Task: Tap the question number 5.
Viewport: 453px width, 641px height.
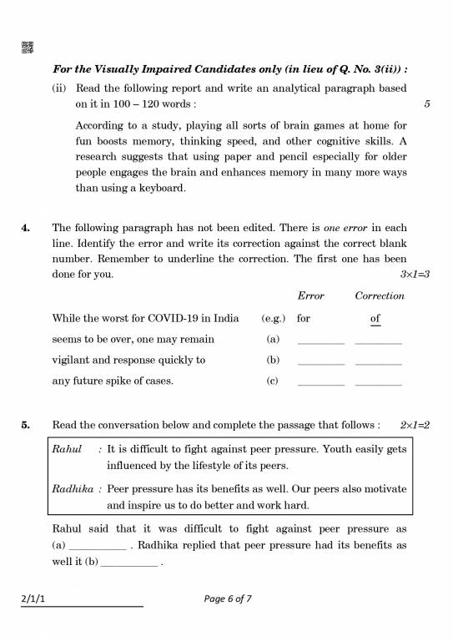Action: pyautogui.click(x=27, y=425)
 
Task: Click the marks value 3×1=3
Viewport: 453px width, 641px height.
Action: pyautogui.click(x=415, y=274)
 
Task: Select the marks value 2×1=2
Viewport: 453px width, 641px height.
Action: pyautogui.click(x=415, y=425)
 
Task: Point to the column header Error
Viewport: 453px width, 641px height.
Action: pyautogui.click(x=311, y=295)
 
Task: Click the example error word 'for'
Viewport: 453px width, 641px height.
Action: pyautogui.click(x=304, y=318)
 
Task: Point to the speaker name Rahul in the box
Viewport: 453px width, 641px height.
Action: pyautogui.click(x=68, y=449)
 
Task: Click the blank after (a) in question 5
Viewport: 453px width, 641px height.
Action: pyautogui.click(x=98, y=546)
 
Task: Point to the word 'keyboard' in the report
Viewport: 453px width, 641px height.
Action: pyautogui.click(x=161, y=188)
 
